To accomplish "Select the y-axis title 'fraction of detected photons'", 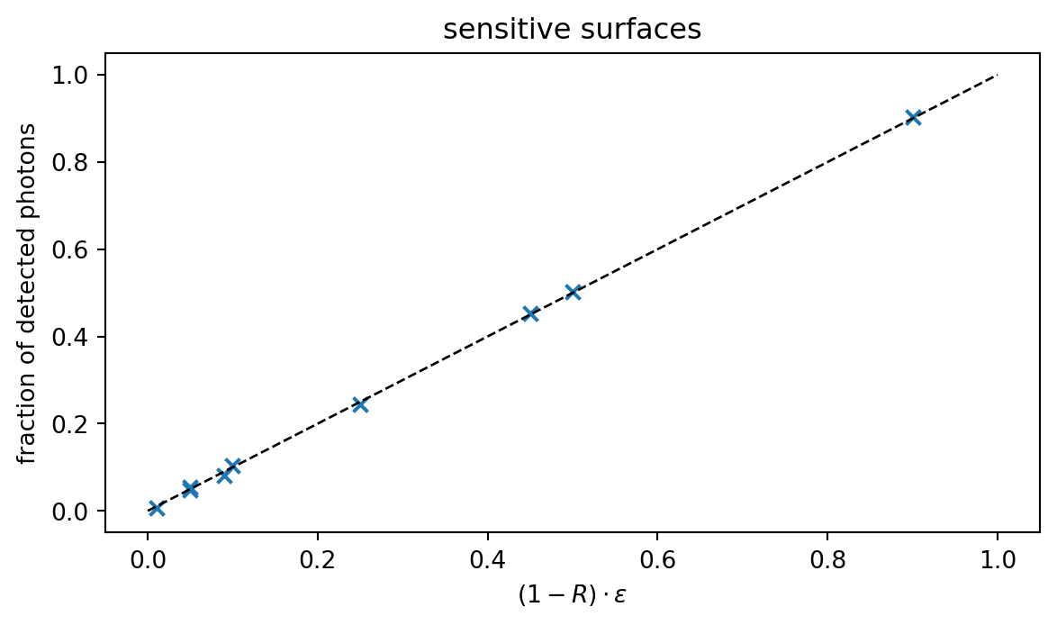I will click(x=29, y=294).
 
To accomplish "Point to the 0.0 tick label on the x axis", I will click(x=148, y=559).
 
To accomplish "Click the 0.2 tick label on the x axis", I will click(x=318, y=559).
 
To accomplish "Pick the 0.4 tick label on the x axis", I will click(x=488, y=559).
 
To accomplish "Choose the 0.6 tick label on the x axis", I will click(x=657, y=559).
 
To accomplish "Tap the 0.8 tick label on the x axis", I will click(x=827, y=559).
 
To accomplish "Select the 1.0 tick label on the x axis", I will click(x=998, y=559).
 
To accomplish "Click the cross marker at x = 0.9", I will click(x=913, y=117).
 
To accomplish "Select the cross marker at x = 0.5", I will click(x=573, y=292).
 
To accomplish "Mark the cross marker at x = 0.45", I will click(x=530, y=313).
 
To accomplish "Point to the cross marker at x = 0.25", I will click(x=360, y=404).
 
